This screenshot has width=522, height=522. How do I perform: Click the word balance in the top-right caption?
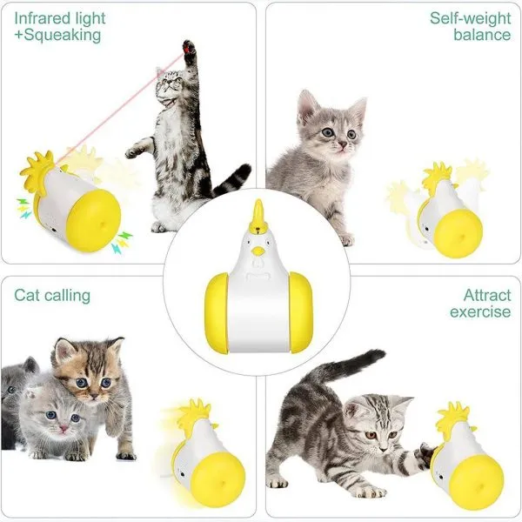(x=481, y=36)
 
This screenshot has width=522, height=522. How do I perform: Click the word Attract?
(x=486, y=295)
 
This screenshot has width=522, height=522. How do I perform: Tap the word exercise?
(x=480, y=312)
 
